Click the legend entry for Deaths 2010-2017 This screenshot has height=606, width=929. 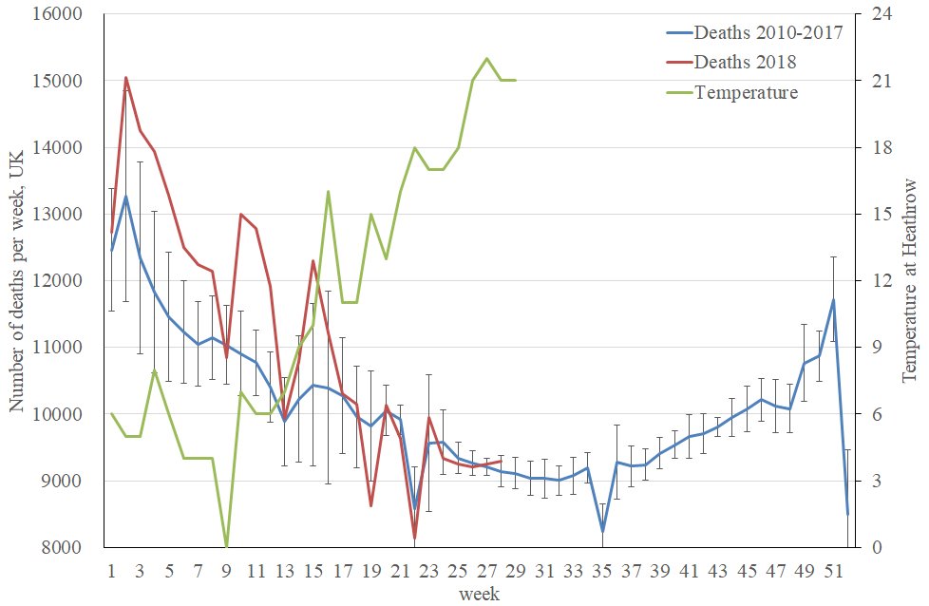tap(768, 32)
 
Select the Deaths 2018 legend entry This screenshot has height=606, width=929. tap(745, 62)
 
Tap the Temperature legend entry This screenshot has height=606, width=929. tap(746, 92)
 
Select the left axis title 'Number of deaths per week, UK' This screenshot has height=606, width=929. tap(18, 281)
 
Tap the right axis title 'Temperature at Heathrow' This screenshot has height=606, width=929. tap(909, 281)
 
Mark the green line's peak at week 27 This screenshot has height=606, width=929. tap(486, 59)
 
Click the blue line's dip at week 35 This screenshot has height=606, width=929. tap(602, 533)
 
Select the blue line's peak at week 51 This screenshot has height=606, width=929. tap(833, 300)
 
